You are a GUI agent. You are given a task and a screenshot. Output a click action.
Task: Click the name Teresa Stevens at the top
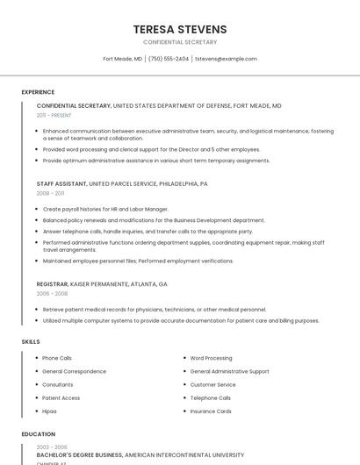coord(180,29)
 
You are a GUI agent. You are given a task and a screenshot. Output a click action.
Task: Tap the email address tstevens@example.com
coord(226,59)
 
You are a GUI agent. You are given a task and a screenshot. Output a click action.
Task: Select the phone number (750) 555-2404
coord(169,59)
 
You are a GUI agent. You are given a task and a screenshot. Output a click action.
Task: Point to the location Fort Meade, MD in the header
coord(122,59)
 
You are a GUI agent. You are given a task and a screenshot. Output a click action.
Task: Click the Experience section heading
coord(38,92)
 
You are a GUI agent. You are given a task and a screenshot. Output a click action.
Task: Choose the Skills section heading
coord(31,341)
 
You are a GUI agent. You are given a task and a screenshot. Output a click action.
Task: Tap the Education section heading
coord(38,433)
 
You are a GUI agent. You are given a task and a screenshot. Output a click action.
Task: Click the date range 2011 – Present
coord(54,115)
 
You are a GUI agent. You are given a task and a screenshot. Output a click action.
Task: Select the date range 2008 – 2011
coord(50,193)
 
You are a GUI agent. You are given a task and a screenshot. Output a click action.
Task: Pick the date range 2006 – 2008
coord(50,294)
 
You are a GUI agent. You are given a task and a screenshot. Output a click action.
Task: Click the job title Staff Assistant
coord(61,184)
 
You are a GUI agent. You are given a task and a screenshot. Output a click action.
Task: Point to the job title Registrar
coord(54,284)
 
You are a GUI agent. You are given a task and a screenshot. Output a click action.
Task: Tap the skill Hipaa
coord(49,411)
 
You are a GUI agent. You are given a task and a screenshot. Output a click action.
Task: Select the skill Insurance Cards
coord(211,411)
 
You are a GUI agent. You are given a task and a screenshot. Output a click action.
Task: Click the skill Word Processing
coord(211,358)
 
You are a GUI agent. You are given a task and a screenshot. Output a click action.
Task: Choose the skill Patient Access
coord(61,397)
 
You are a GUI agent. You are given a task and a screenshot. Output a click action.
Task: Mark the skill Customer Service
coord(212,384)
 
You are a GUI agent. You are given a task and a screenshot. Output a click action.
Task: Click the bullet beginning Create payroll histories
coord(105,210)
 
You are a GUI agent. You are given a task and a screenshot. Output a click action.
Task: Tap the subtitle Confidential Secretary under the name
coord(180,42)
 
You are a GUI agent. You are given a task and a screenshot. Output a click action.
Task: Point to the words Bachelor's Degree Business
coord(79,455)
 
